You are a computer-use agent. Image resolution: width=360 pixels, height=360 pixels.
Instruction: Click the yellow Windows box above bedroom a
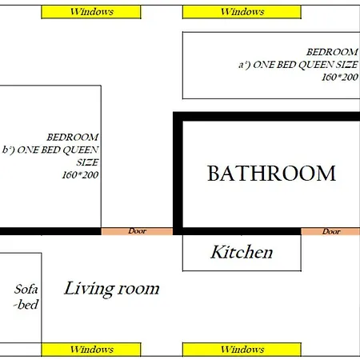[242, 12]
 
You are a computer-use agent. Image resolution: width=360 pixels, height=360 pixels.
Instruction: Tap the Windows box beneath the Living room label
[91, 350]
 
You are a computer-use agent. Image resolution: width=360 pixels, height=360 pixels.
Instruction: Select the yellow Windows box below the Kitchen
[242, 350]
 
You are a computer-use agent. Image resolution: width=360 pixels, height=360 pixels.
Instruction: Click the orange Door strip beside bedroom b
[137, 231]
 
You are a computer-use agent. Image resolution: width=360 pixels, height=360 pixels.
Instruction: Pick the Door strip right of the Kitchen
[330, 231]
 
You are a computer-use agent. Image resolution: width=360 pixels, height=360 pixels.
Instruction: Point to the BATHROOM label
[271, 174]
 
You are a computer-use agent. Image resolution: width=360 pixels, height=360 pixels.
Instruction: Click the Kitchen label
[242, 252]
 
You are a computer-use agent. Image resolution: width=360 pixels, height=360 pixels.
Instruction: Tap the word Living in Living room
[90, 290]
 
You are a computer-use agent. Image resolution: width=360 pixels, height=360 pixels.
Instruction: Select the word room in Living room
[138, 290]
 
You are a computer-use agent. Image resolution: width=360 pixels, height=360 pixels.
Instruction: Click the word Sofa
[26, 290]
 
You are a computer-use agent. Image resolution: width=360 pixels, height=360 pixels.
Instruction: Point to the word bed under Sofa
[28, 305]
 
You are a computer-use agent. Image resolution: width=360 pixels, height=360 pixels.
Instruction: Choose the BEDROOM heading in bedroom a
[332, 52]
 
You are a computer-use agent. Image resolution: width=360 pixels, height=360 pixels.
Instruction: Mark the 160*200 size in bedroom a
[340, 77]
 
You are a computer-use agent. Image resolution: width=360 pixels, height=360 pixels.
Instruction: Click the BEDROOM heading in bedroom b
[73, 138]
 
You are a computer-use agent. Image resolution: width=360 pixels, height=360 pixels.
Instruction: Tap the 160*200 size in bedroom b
[80, 175]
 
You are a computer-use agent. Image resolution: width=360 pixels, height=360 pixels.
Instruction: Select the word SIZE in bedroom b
[87, 162]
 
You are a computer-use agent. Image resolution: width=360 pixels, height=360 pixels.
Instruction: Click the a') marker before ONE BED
[244, 65]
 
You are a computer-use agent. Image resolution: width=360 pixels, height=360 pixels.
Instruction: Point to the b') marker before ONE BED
[8, 150]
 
